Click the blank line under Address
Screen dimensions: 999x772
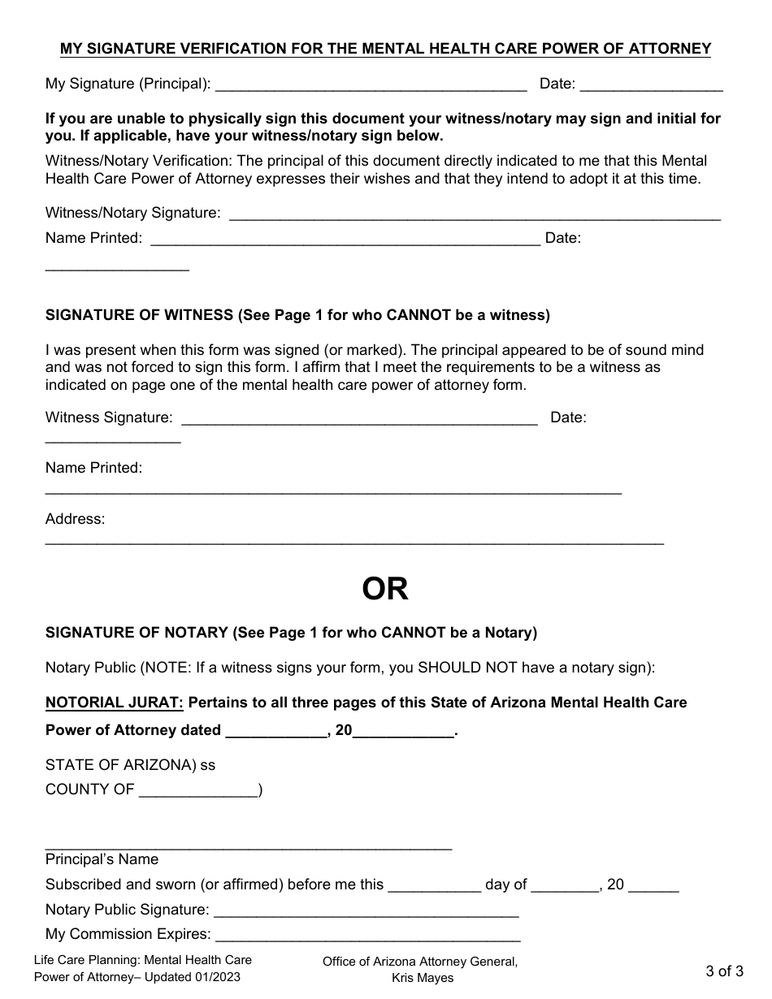click(x=354, y=541)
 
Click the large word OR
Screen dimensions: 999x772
click(x=385, y=590)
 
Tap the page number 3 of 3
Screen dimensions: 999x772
click(x=724, y=971)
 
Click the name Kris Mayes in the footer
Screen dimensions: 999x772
click(x=423, y=978)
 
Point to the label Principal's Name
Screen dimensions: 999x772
click(x=102, y=859)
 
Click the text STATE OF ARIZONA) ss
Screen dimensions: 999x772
click(x=130, y=765)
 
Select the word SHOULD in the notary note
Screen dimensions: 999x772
click(x=449, y=668)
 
